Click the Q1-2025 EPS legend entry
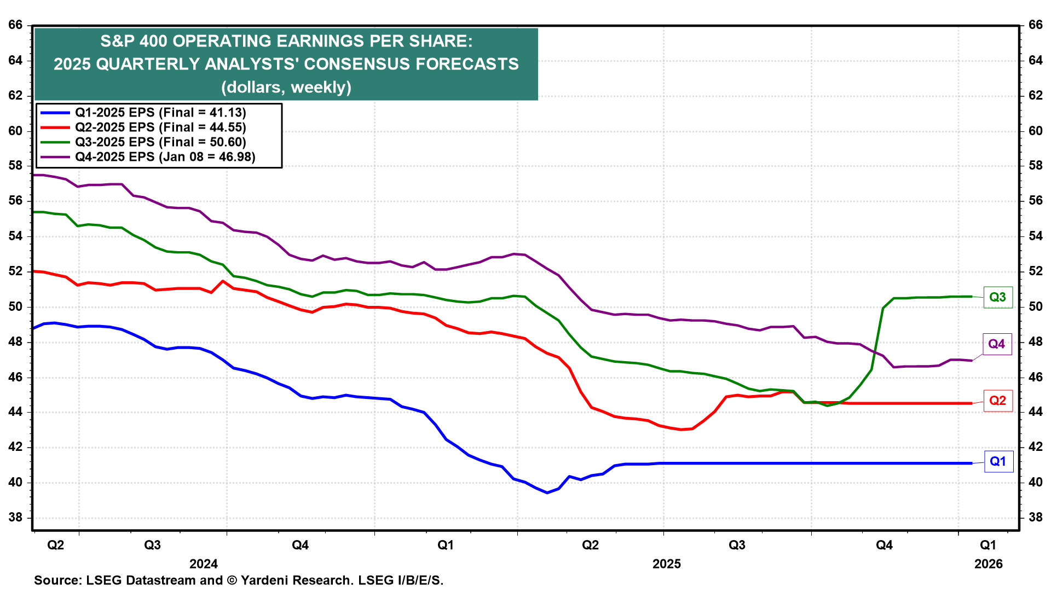point(160,113)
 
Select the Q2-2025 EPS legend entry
point(160,128)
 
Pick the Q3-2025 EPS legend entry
point(160,142)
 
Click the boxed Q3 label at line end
point(997,297)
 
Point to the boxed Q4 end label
point(996,344)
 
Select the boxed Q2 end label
point(997,401)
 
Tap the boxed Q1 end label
point(998,461)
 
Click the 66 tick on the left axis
point(15,25)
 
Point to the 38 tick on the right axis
point(1036,518)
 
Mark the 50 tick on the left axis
point(15,306)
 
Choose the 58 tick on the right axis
point(1036,166)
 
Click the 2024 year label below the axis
point(203,564)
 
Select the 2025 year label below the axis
point(666,564)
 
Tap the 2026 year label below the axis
point(988,564)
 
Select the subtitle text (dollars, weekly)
point(286,87)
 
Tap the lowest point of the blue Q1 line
point(547,493)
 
